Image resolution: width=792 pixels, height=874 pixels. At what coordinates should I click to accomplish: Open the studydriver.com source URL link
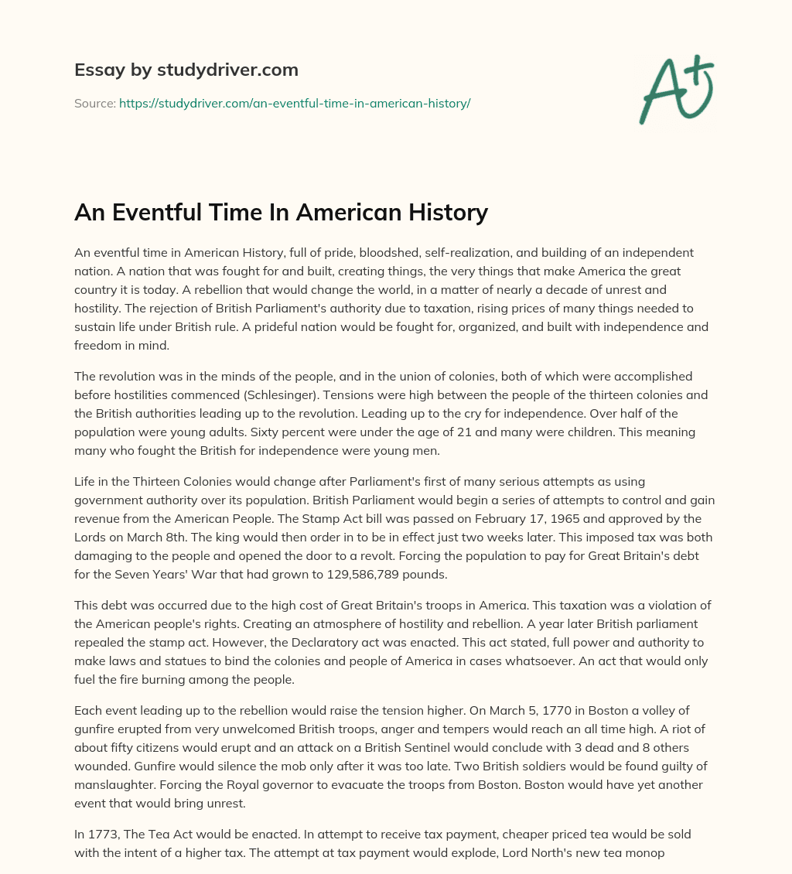click(x=294, y=103)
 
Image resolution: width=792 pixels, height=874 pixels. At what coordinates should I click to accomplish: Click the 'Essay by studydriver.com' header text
click(x=186, y=70)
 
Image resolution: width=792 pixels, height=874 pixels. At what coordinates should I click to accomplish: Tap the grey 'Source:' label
click(x=94, y=103)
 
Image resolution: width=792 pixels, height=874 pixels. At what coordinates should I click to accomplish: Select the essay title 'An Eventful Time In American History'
click(x=281, y=211)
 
